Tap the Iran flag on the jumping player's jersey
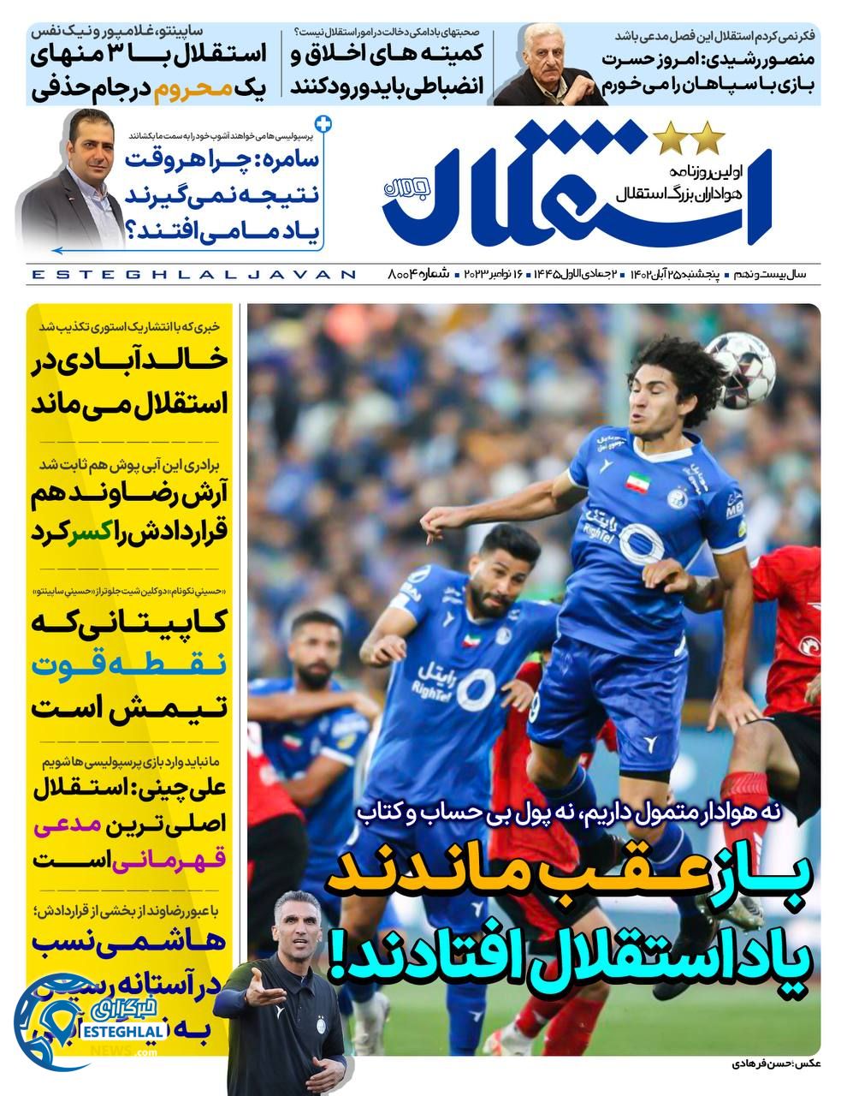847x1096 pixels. point(636,480)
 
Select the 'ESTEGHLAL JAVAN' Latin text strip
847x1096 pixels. point(192,274)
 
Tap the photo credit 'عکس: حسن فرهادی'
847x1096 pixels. point(767,1064)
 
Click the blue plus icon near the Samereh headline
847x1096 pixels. point(323,122)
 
